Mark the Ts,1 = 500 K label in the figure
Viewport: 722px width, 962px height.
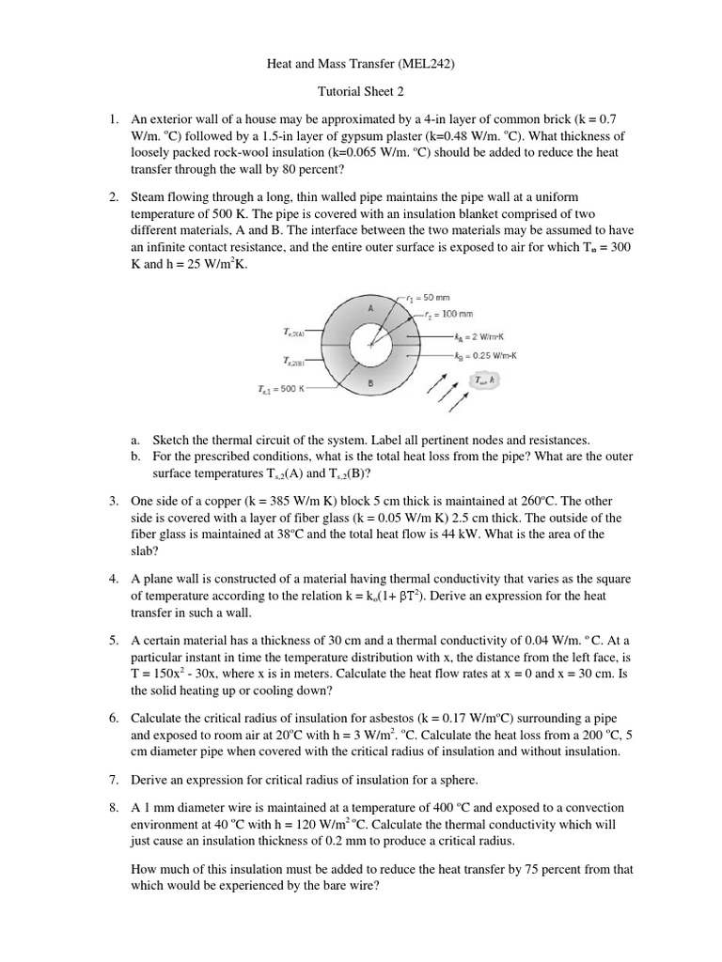point(280,388)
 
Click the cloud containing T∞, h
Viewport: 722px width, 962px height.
point(485,380)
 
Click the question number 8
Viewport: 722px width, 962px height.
point(112,807)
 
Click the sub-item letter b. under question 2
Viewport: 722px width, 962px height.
point(135,456)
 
